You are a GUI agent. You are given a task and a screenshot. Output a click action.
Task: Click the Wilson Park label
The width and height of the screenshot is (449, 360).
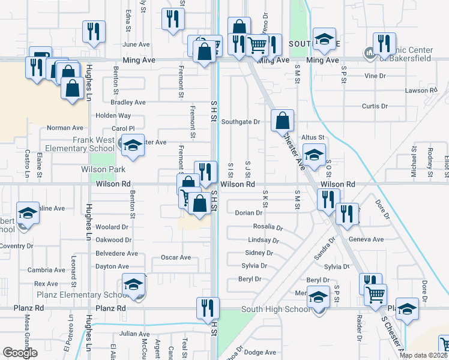103,170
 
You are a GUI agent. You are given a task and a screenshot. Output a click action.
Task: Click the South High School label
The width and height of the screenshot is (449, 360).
275,310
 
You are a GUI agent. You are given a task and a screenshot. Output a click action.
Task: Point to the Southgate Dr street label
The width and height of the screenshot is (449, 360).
240,121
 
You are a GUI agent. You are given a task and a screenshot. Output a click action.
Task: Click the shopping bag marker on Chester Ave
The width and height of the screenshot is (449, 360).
282,121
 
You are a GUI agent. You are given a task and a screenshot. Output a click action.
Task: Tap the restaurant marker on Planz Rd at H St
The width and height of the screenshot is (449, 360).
208,309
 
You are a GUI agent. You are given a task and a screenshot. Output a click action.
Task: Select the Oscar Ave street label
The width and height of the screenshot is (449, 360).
176,257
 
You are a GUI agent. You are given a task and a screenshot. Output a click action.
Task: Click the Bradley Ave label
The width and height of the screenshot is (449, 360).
132,103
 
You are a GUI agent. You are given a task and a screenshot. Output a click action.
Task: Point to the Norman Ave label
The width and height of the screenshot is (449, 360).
65,128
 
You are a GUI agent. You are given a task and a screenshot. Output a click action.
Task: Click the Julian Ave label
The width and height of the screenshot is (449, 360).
134,334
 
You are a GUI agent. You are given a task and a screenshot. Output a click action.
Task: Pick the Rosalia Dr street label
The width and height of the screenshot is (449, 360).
267,227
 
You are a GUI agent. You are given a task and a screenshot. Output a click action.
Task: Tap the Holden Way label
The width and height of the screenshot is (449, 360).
113,115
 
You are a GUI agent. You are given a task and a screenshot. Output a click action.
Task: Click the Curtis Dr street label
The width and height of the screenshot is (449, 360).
375,106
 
